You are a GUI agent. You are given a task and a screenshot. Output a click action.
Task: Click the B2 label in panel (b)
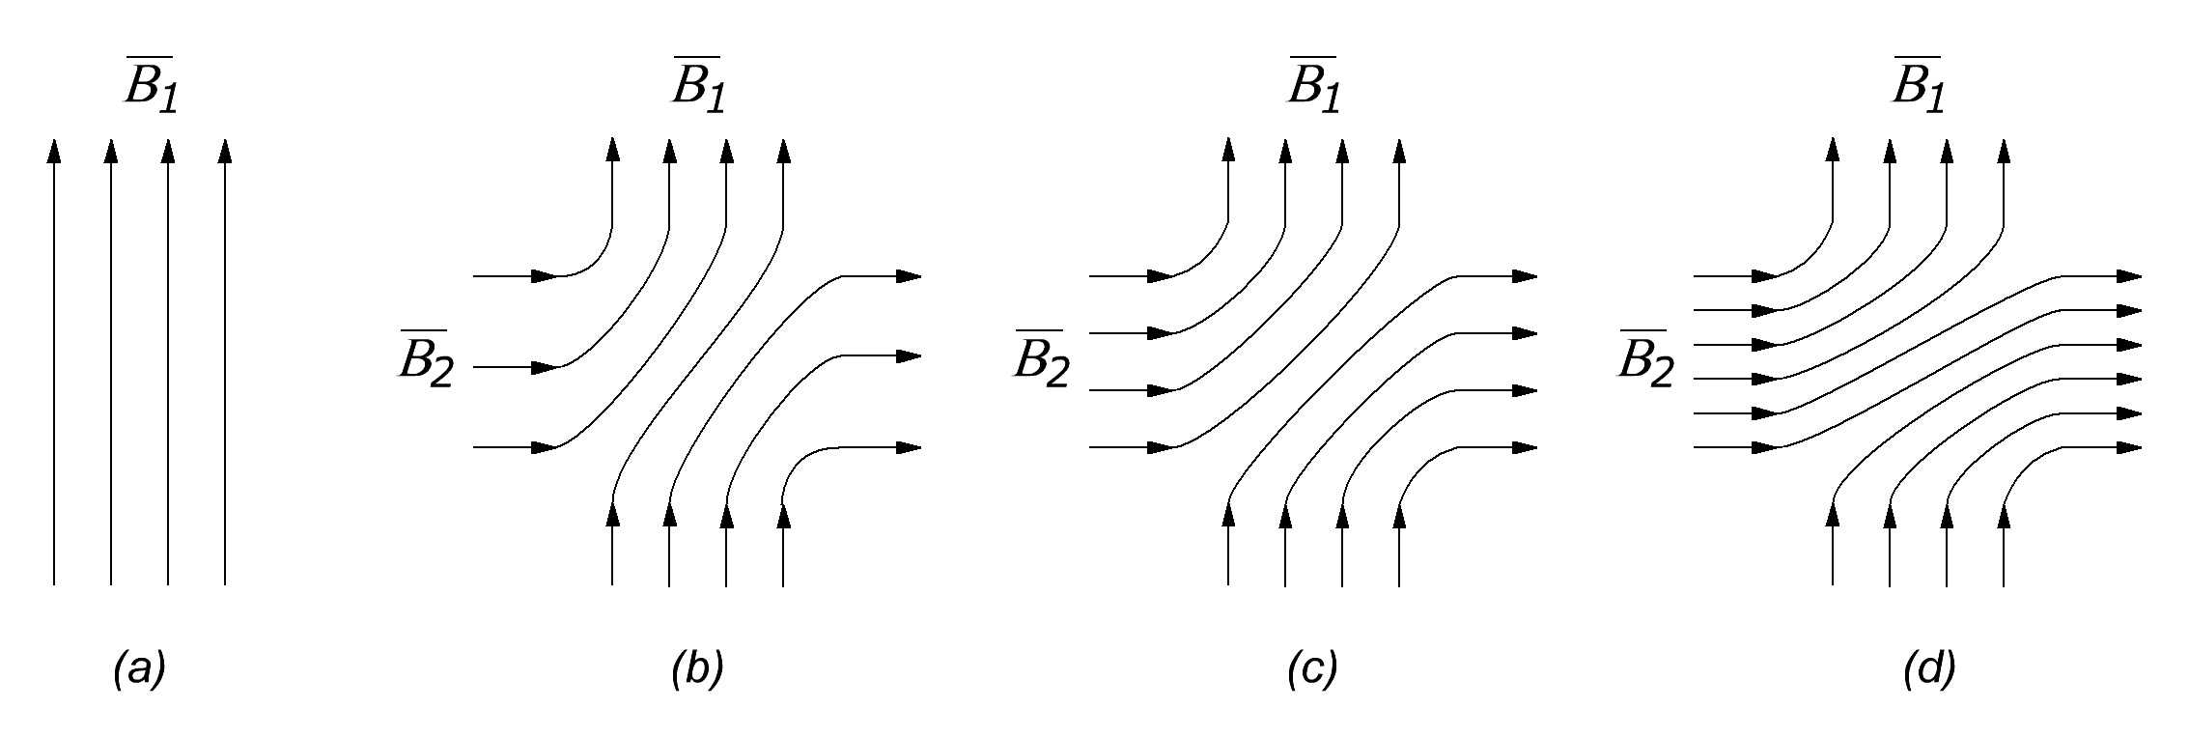[426, 361]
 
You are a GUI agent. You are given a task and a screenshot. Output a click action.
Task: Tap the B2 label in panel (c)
[1042, 361]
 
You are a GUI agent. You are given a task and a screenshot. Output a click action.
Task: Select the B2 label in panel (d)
[1646, 361]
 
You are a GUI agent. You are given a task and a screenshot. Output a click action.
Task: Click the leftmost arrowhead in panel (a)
[54, 151]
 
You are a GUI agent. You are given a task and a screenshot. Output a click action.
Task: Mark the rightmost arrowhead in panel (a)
[225, 151]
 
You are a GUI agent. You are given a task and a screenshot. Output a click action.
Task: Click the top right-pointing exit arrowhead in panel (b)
[909, 276]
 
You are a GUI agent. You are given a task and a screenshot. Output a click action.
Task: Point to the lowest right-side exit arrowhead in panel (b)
[909, 447]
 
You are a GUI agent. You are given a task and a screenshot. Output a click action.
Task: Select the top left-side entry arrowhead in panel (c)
[1162, 276]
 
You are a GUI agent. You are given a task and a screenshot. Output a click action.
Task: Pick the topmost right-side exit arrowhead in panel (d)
[2129, 276]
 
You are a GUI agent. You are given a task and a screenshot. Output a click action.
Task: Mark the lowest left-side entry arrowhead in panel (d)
[1766, 447]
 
